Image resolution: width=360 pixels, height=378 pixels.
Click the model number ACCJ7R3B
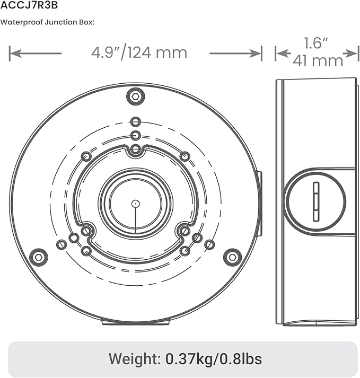click(29, 5)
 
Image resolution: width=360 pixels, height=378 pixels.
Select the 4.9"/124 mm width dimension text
click(139, 53)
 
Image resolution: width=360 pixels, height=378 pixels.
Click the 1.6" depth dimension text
click(316, 43)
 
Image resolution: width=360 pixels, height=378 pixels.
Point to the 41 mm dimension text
click(318, 60)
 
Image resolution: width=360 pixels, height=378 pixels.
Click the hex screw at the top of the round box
click(136, 96)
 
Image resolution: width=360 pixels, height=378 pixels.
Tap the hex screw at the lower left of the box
click(39, 257)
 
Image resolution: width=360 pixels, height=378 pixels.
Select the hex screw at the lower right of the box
click(232, 257)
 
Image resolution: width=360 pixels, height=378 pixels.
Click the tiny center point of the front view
click(136, 204)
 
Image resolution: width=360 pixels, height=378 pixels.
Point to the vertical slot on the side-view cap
click(316, 201)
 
